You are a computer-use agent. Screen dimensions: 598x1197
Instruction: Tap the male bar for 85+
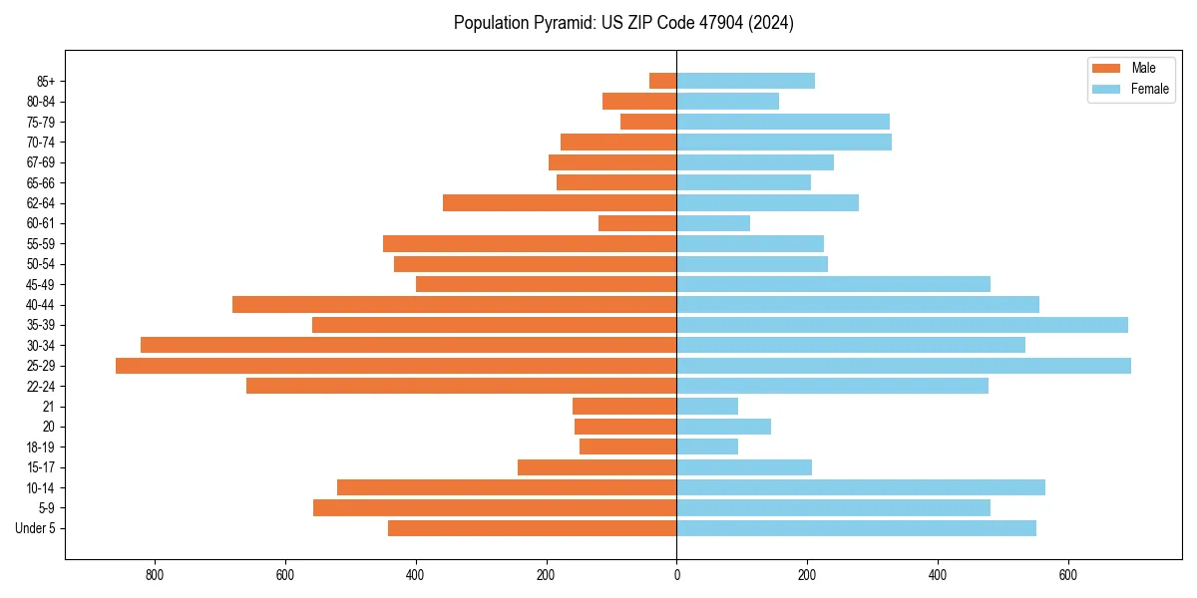pos(662,81)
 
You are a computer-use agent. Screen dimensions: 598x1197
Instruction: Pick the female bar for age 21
pos(707,406)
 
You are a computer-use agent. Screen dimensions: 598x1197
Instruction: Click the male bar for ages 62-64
pos(560,202)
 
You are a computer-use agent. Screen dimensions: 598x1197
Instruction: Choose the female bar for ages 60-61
pos(713,223)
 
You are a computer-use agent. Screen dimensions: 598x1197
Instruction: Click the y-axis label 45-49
pos(41,284)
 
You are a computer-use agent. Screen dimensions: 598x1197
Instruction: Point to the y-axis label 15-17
pos(41,467)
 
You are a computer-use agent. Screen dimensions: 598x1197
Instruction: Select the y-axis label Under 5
pos(36,528)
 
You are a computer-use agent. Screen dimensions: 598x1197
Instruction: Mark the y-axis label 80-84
pos(41,101)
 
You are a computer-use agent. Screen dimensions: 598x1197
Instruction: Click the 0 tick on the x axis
pos(676,575)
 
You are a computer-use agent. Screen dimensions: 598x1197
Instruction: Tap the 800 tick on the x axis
pos(155,575)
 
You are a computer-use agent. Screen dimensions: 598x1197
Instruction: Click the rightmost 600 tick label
pos(1067,575)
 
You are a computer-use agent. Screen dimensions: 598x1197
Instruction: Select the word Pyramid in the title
pos(562,23)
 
